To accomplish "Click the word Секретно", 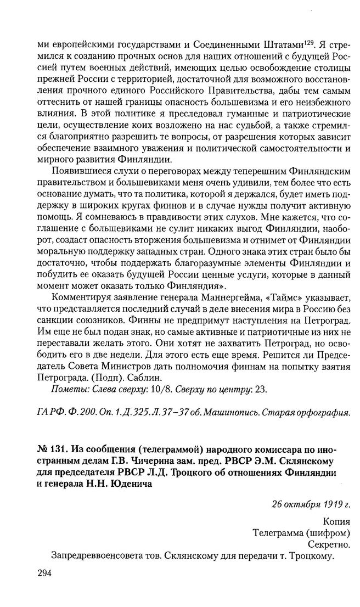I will [x=330, y=544].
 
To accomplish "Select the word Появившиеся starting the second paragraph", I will [x=81, y=172].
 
